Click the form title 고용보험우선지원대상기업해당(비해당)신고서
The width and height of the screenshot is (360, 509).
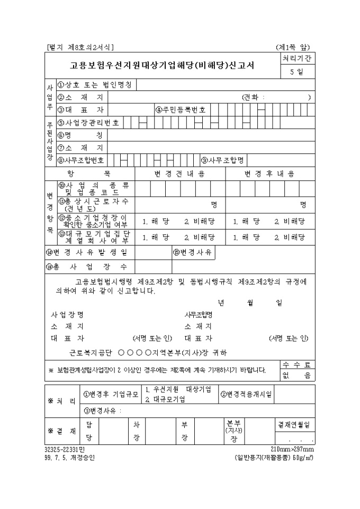coord(162,66)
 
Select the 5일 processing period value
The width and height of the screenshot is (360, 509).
coord(297,72)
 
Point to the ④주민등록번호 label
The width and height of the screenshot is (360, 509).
coord(180,110)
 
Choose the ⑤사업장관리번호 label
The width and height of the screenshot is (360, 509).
coord(88,123)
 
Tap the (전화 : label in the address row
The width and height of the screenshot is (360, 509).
coord(254,97)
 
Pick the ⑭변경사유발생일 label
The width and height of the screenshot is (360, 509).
coord(87,252)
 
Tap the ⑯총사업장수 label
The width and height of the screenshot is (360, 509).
coord(87,266)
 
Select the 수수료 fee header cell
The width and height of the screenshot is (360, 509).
coord(298,364)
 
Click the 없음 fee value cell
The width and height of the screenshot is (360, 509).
coord(298,375)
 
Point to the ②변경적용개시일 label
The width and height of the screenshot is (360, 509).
coord(246,394)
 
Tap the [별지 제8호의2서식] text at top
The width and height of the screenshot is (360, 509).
coord(80,47)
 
